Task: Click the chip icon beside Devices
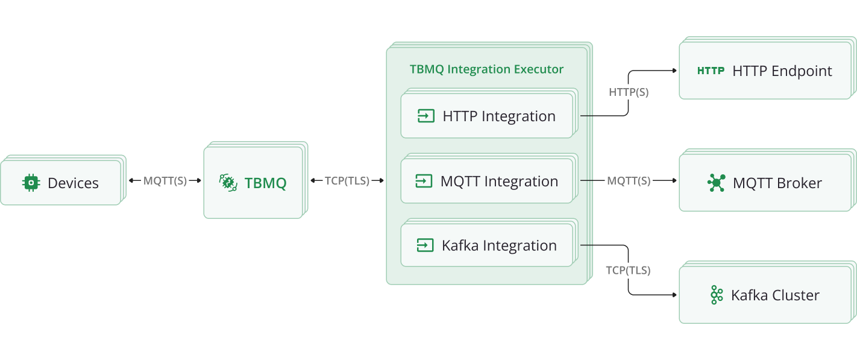[x=31, y=183]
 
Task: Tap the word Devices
[x=73, y=183]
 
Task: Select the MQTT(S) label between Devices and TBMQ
[x=165, y=181]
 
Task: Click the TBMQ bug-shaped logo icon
[x=228, y=182]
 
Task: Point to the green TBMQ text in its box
[x=265, y=183]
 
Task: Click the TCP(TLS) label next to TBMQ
[x=347, y=181]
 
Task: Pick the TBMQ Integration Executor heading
[x=486, y=69]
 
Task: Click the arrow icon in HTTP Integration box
[x=426, y=116]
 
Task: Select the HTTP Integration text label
[x=499, y=116]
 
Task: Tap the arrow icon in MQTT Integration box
[x=424, y=181]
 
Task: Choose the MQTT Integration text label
[x=499, y=181]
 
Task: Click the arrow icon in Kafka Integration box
[x=425, y=245]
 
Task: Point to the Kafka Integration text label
[x=499, y=245]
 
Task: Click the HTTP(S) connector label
[x=629, y=92]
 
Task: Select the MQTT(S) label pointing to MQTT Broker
[x=629, y=181]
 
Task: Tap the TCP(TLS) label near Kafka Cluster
[x=629, y=270]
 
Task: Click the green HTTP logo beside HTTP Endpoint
[x=711, y=71]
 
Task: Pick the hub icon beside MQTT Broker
[x=716, y=183]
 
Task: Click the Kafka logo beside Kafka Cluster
[x=716, y=295]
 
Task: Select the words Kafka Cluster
[x=775, y=295]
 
